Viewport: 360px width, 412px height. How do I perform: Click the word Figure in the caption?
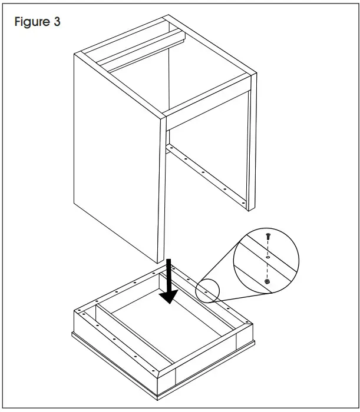[31, 22]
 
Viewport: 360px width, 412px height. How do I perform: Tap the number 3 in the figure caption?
[56, 22]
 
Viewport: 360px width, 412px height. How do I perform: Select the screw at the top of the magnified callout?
[269, 236]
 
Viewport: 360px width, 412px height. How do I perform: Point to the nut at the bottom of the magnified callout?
[268, 283]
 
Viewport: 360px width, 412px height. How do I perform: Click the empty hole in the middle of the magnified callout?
[269, 257]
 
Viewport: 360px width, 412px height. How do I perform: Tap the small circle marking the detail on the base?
[207, 290]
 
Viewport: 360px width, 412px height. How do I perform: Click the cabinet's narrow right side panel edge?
[251, 147]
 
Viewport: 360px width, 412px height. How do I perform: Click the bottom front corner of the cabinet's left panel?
[160, 263]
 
